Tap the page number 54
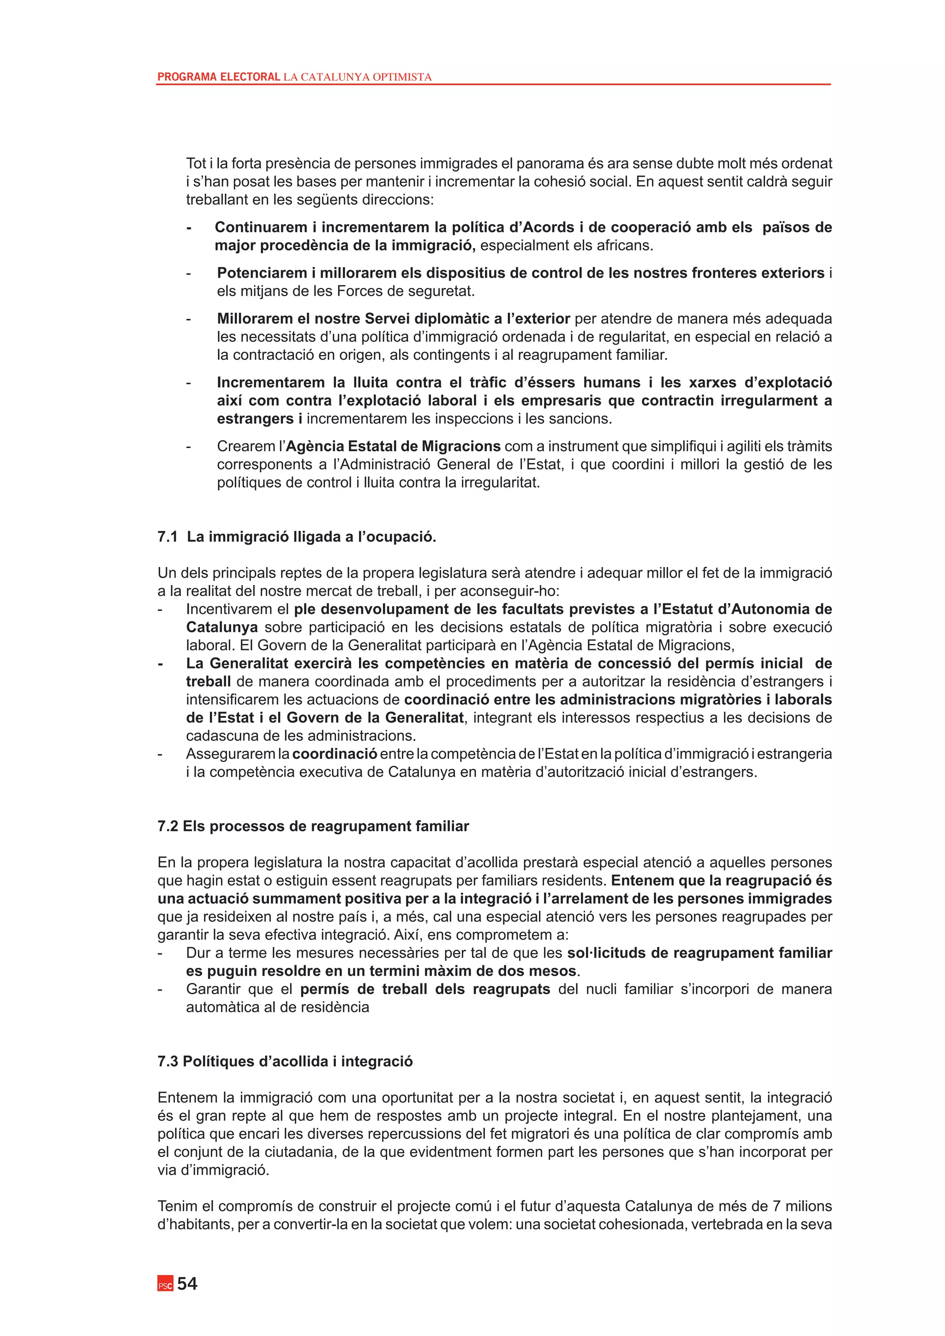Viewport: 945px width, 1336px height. (x=187, y=1283)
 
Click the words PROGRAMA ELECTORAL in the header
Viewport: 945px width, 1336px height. (x=219, y=77)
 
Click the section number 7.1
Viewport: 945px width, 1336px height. (x=167, y=537)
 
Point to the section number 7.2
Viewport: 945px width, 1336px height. (x=167, y=826)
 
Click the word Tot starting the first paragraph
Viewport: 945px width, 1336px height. (x=196, y=163)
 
